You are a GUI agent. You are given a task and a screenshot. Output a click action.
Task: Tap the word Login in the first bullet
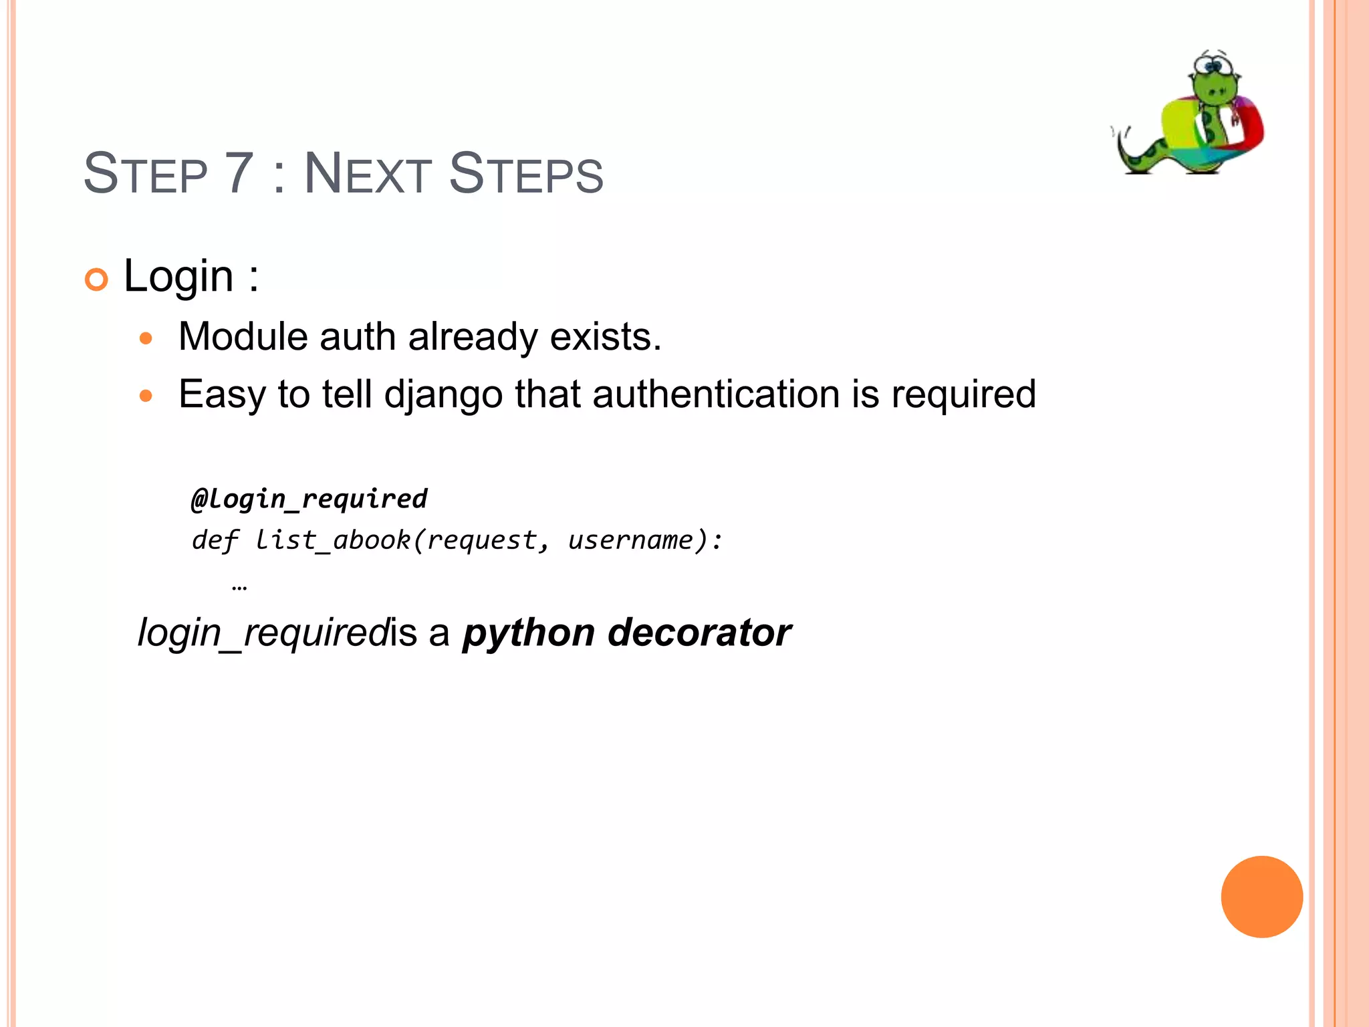(x=178, y=275)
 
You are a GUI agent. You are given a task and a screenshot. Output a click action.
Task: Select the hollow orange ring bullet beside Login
(x=96, y=279)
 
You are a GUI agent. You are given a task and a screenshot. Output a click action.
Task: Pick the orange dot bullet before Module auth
(x=146, y=338)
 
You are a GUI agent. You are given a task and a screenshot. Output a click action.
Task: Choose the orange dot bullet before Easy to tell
(x=146, y=396)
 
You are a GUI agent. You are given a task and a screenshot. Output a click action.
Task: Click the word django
(x=443, y=394)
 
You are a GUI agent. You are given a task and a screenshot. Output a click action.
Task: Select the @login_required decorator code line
(x=309, y=499)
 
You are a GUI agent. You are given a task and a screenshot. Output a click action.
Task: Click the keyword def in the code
(x=214, y=540)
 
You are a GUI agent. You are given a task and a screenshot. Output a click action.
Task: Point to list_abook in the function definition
(x=332, y=540)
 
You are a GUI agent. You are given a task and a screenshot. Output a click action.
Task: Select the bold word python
(x=528, y=633)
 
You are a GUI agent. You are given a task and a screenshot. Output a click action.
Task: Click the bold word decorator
(x=699, y=633)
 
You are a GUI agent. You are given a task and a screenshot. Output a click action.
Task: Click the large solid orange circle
(x=1261, y=897)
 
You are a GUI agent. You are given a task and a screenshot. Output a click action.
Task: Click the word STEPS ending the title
(x=526, y=174)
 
